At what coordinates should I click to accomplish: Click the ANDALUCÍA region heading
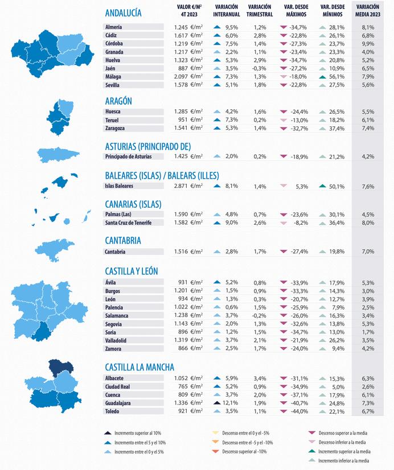point(124,13)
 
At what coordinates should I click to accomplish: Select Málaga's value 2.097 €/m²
point(188,76)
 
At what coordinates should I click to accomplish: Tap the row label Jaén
point(110,68)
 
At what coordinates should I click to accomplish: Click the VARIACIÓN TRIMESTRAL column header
point(260,11)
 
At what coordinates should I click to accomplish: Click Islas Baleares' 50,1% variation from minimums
point(336,186)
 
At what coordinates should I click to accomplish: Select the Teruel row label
point(113,120)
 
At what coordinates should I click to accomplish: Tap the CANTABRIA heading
point(123,241)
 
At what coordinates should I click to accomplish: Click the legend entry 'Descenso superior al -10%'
point(247,451)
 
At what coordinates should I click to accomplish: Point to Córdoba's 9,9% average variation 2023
point(367,43)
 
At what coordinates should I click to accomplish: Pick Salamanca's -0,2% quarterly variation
point(260,315)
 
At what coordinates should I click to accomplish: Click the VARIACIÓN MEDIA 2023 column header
point(367,11)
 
